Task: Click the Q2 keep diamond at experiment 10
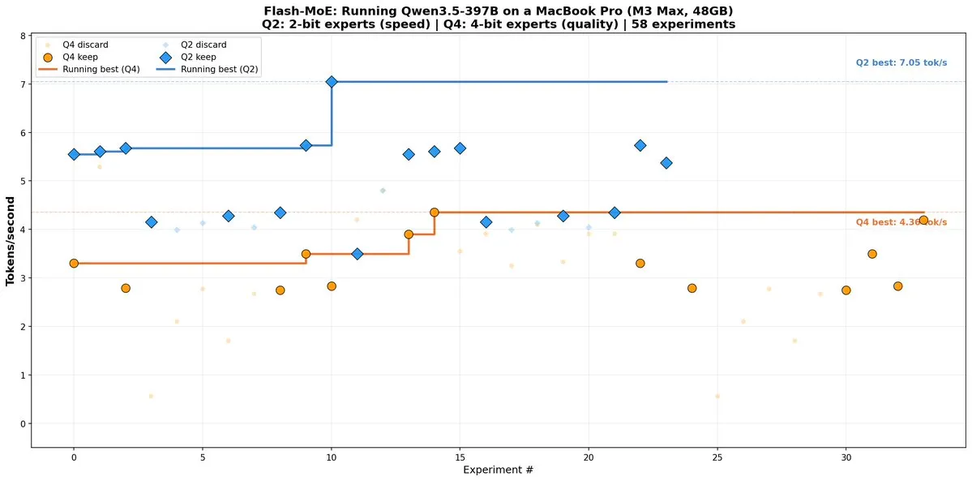coord(332,82)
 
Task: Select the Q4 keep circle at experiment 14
coord(435,213)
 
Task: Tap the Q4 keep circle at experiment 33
coord(923,220)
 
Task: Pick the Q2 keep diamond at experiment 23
coord(666,163)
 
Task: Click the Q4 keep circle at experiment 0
coord(74,264)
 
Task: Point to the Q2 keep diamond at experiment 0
coord(74,154)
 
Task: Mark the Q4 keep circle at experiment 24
coord(692,288)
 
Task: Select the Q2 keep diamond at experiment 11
coord(358,254)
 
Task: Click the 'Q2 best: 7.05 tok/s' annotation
coord(901,63)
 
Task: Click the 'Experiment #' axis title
coord(498,470)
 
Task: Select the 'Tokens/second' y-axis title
coord(11,240)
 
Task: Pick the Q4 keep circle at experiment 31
coord(871,254)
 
